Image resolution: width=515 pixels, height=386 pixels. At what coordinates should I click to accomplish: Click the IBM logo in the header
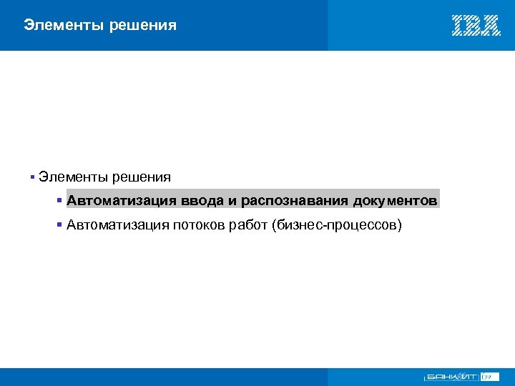(x=476, y=26)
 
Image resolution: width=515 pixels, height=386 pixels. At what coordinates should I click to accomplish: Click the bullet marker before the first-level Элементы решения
(x=33, y=177)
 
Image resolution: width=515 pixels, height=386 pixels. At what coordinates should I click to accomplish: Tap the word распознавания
(x=295, y=200)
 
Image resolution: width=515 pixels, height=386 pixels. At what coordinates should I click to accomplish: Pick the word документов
(x=395, y=200)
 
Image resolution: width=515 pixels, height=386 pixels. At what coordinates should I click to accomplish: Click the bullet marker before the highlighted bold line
(x=60, y=200)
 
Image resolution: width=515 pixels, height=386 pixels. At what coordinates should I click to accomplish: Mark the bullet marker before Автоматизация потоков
(x=60, y=226)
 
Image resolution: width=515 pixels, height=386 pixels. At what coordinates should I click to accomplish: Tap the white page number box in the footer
(x=490, y=376)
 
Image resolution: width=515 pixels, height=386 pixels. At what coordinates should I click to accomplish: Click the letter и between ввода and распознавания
(x=232, y=200)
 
